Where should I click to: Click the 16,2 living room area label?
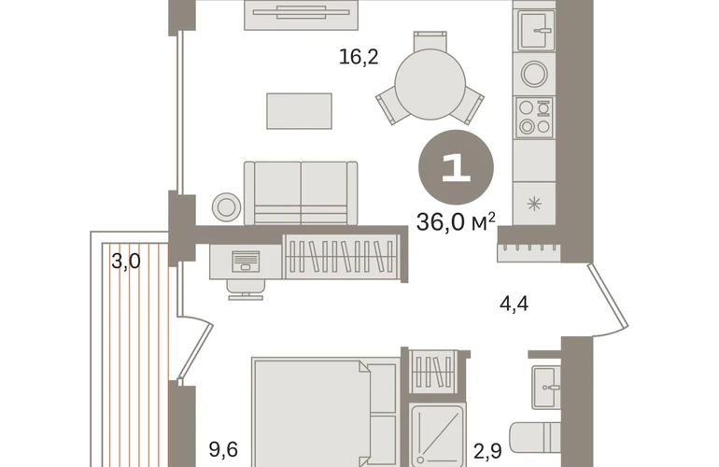click(359, 57)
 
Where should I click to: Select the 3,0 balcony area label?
click(126, 262)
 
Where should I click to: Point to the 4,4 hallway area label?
click(514, 304)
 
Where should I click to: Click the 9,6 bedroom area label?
click(223, 449)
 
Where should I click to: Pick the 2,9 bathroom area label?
click(487, 451)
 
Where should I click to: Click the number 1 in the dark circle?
click(457, 168)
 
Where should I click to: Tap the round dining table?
click(430, 84)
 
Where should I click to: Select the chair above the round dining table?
click(430, 41)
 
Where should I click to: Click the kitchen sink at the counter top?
click(537, 30)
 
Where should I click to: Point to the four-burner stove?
click(535, 117)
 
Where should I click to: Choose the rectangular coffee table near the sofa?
click(300, 111)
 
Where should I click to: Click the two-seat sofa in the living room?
click(301, 193)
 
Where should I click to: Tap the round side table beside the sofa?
click(227, 207)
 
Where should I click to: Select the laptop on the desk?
click(246, 261)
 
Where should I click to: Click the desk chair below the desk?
click(246, 290)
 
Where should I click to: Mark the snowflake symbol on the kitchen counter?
click(535, 204)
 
